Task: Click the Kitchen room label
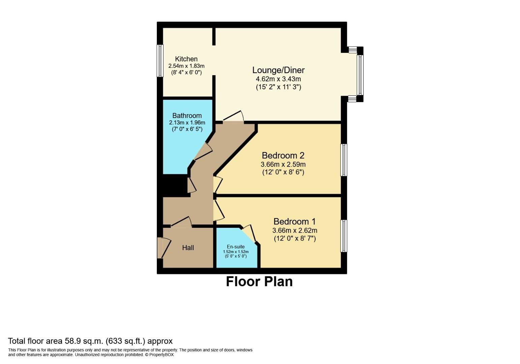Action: point(186,59)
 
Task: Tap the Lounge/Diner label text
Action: point(278,70)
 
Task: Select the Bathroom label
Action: point(187,116)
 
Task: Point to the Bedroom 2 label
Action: point(283,155)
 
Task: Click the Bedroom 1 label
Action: point(294,221)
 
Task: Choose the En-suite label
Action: point(236,247)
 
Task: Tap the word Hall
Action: point(188,248)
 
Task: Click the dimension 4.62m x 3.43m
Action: point(278,79)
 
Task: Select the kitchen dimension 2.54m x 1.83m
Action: point(186,66)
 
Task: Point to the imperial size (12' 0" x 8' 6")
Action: point(283,172)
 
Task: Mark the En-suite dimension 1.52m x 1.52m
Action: point(236,252)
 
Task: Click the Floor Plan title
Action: point(259,282)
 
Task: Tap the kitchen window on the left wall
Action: point(160,61)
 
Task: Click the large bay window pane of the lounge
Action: point(360,75)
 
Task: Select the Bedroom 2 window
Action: point(344,160)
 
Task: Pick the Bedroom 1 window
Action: point(344,236)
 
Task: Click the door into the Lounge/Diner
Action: point(233,117)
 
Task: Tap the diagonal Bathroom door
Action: point(203,152)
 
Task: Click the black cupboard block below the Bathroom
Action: point(175,185)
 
